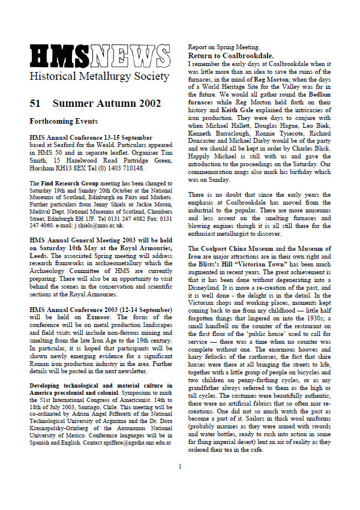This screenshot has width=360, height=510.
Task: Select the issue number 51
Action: (35, 103)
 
